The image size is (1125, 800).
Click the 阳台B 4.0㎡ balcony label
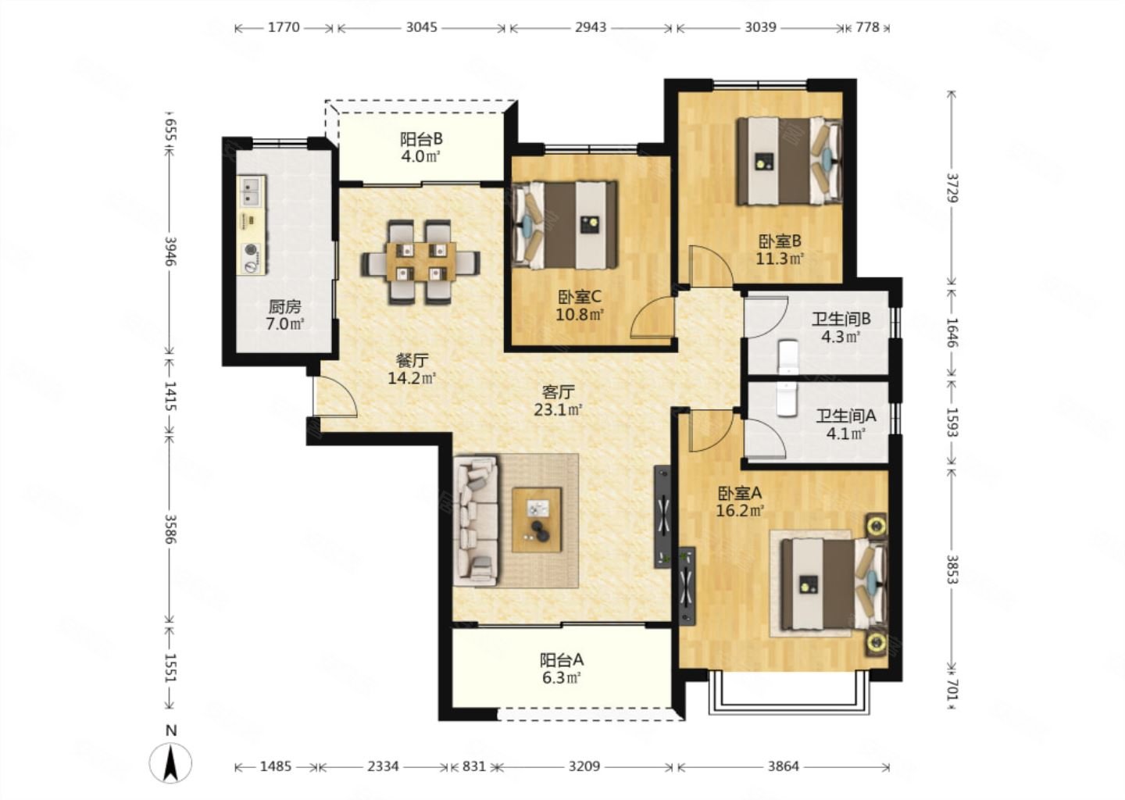point(421,148)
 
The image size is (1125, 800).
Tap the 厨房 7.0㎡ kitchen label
point(284,315)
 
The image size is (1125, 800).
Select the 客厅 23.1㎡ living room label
point(558,401)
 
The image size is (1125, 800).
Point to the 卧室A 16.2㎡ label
point(740,502)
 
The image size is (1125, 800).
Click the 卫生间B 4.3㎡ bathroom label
point(841,327)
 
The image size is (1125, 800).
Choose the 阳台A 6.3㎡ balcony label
point(562,669)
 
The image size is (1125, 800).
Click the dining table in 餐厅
point(421,262)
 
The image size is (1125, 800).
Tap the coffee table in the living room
point(537,520)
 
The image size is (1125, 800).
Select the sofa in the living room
point(476,521)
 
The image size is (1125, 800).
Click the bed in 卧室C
point(565,225)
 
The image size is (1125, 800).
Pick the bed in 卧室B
point(790,161)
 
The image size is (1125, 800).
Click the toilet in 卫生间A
point(787,398)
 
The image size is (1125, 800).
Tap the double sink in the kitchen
point(251,191)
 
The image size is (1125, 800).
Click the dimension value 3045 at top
point(421,27)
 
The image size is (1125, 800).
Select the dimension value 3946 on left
point(171,251)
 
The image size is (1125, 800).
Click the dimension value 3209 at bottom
point(584,766)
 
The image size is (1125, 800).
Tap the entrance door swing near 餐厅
point(335,397)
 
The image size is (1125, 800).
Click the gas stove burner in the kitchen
point(251,250)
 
